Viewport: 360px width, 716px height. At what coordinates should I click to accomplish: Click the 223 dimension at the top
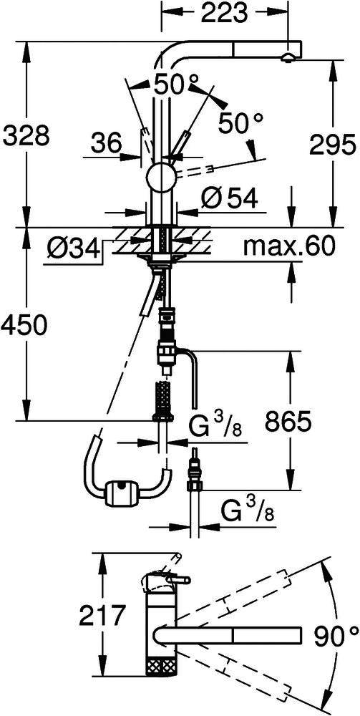pyautogui.click(x=224, y=14)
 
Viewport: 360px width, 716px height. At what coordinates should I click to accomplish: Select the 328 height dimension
pyautogui.click(x=25, y=135)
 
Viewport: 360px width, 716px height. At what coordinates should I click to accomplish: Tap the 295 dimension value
pyautogui.click(x=331, y=145)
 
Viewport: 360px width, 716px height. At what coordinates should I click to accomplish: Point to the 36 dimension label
pyautogui.click(x=106, y=143)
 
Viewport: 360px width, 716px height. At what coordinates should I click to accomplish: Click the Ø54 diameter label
pyautogui.click(x=229, y=198)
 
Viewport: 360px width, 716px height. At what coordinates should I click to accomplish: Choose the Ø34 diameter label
pyautogui.click(x=72, y=249)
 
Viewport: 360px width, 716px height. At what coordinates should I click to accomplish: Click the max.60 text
pyautogui.click(x=289, y=247)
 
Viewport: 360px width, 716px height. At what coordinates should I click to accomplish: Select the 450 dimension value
pyautogui.click(x=24, y=326)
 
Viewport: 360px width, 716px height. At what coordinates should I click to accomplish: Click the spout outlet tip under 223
pyautogui.click(x=288, y=57)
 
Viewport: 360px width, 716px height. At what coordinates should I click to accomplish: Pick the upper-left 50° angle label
pyautogui.click(x=176, y=84)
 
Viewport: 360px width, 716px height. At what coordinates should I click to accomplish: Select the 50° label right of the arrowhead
pyautogui.click(x=241, y=122)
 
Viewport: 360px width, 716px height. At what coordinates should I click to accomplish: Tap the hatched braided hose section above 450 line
pyautogui.click(x=163, y=393)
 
